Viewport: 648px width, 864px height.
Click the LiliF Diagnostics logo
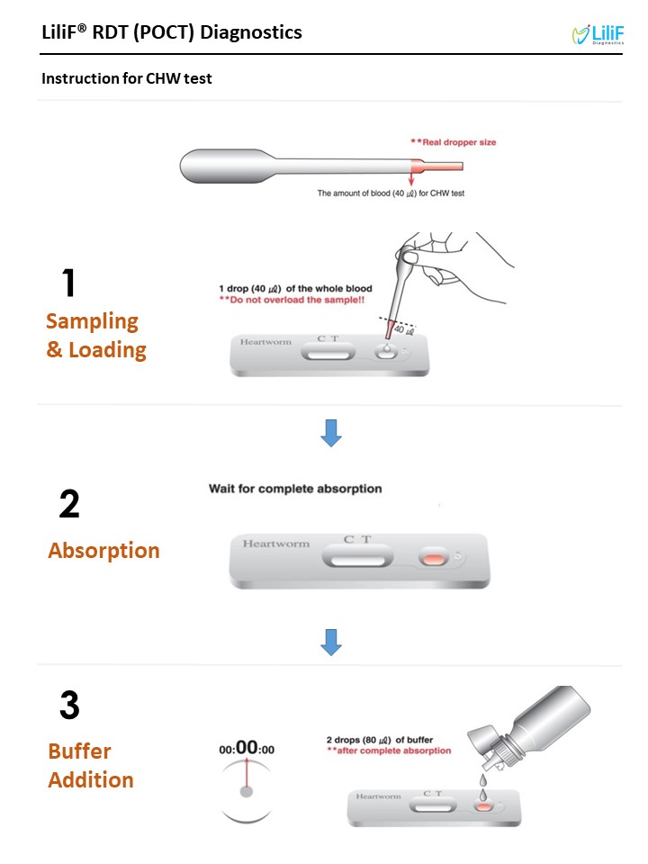tap(598, 34)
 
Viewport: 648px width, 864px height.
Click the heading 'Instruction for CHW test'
tap(127, 79)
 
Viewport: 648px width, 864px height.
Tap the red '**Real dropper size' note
tap(453, 142)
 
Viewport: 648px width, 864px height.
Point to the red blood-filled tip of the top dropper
tap(436, 166)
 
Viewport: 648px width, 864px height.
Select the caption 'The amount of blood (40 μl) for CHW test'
tap(391, 193)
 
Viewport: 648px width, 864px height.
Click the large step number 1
tap(68, 283)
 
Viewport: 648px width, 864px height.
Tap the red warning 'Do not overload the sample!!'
tap(292, 300)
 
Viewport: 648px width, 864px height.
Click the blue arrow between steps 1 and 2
tap(331, 433)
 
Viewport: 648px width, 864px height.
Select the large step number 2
tap(69, 504)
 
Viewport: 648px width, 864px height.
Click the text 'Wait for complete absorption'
tap(295, 489)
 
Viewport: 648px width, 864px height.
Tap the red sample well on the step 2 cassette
tap(434, 558)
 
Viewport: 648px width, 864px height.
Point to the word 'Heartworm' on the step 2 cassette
tap(276, 544)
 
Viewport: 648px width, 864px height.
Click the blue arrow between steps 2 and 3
tap(331, 643)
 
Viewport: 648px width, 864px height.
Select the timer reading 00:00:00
tap(247, 748)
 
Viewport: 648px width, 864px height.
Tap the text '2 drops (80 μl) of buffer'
tap(380, 740)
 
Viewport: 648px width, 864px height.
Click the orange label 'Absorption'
tap(103, 551)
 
